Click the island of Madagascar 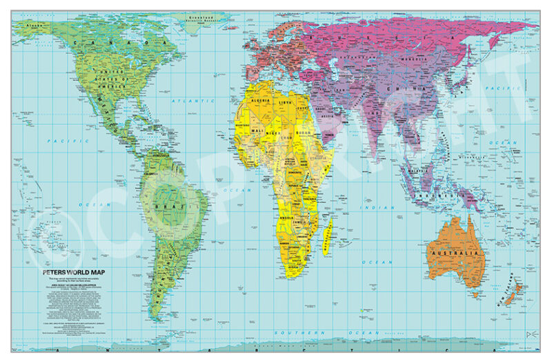330,227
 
